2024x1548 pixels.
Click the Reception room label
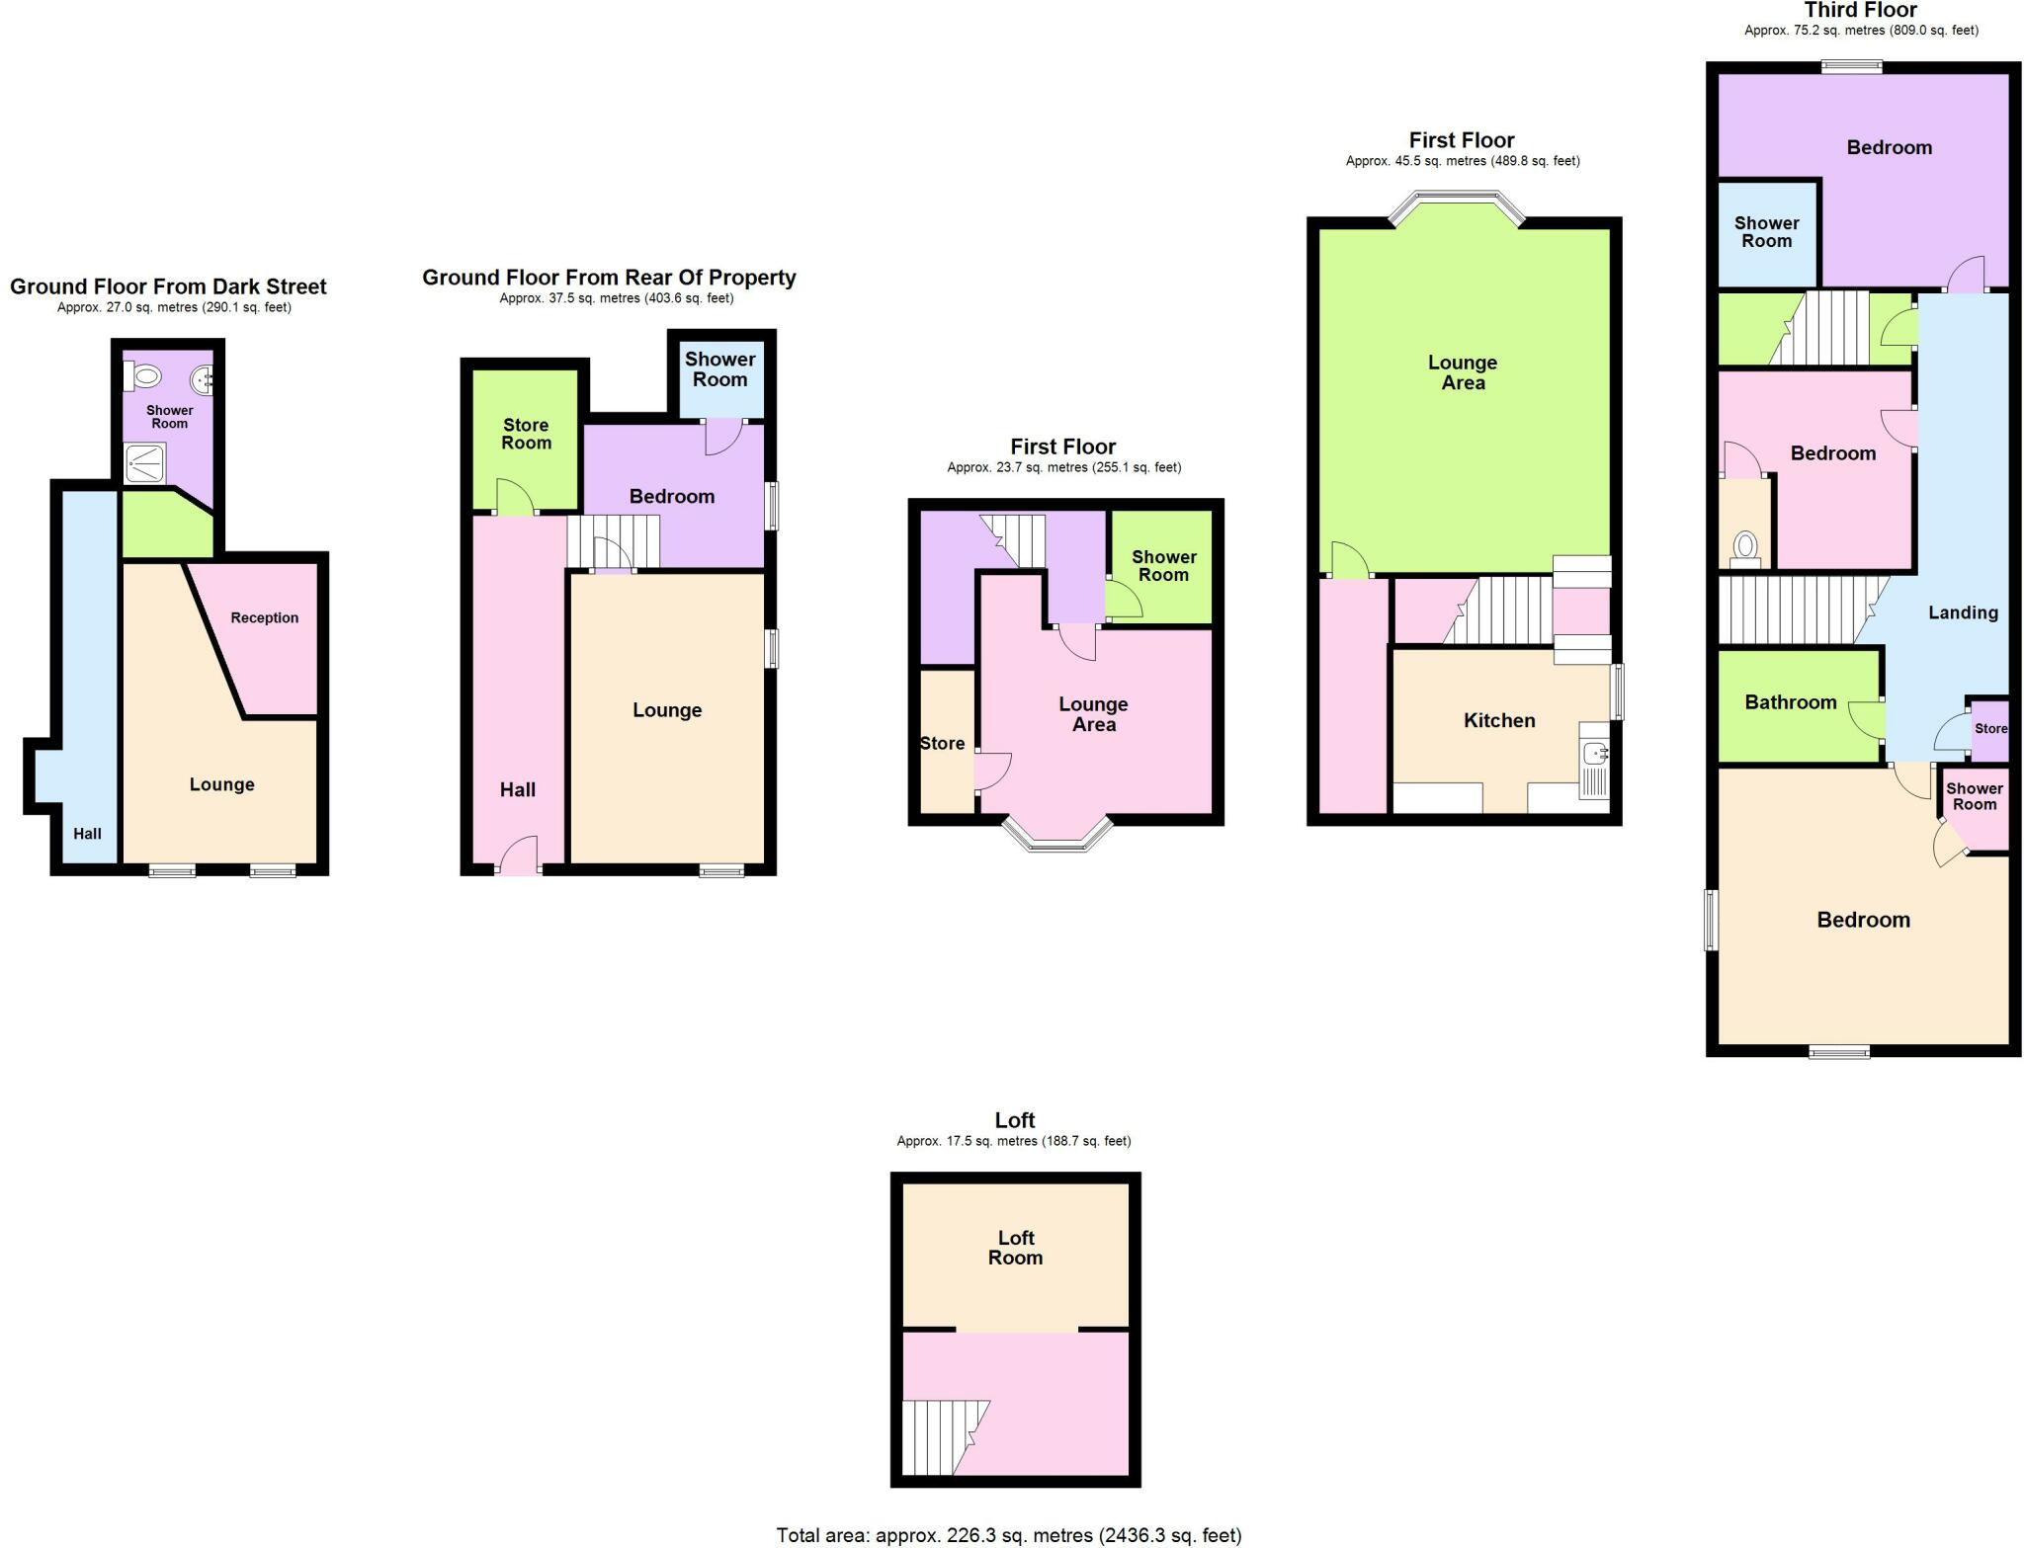tap(264, 617)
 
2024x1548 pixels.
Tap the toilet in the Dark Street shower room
tap(144, 376)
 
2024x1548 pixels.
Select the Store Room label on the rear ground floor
tap(526, 434)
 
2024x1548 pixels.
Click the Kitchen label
tap(1499, 720)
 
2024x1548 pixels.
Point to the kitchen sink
tap(1594, 755)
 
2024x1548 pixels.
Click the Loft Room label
tap(1015, 1247)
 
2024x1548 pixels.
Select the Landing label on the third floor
tap(1963, 612)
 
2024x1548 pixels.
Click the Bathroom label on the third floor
tap(1791, 702)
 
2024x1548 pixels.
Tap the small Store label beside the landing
tap(1990, 728)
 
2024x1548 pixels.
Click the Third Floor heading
tap(1861, 11)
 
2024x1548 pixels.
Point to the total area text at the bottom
tap(1008, 1535)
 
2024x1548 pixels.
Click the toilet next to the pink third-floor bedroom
tap(1745, 547)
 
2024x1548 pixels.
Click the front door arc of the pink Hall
tap(518, 855)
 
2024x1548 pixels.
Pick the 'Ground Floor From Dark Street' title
tap(168, 286)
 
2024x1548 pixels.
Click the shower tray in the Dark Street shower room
tap(144, 463)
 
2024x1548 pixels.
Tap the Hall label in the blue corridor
tap(87, 833)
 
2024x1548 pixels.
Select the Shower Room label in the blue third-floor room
tap(1766, 232)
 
